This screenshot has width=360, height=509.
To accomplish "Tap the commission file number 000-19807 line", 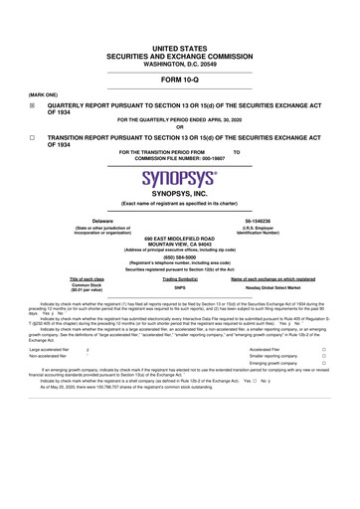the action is click(x=180, y=157).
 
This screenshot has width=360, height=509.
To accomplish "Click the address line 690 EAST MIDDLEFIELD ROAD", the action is click(x=180, y=239).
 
